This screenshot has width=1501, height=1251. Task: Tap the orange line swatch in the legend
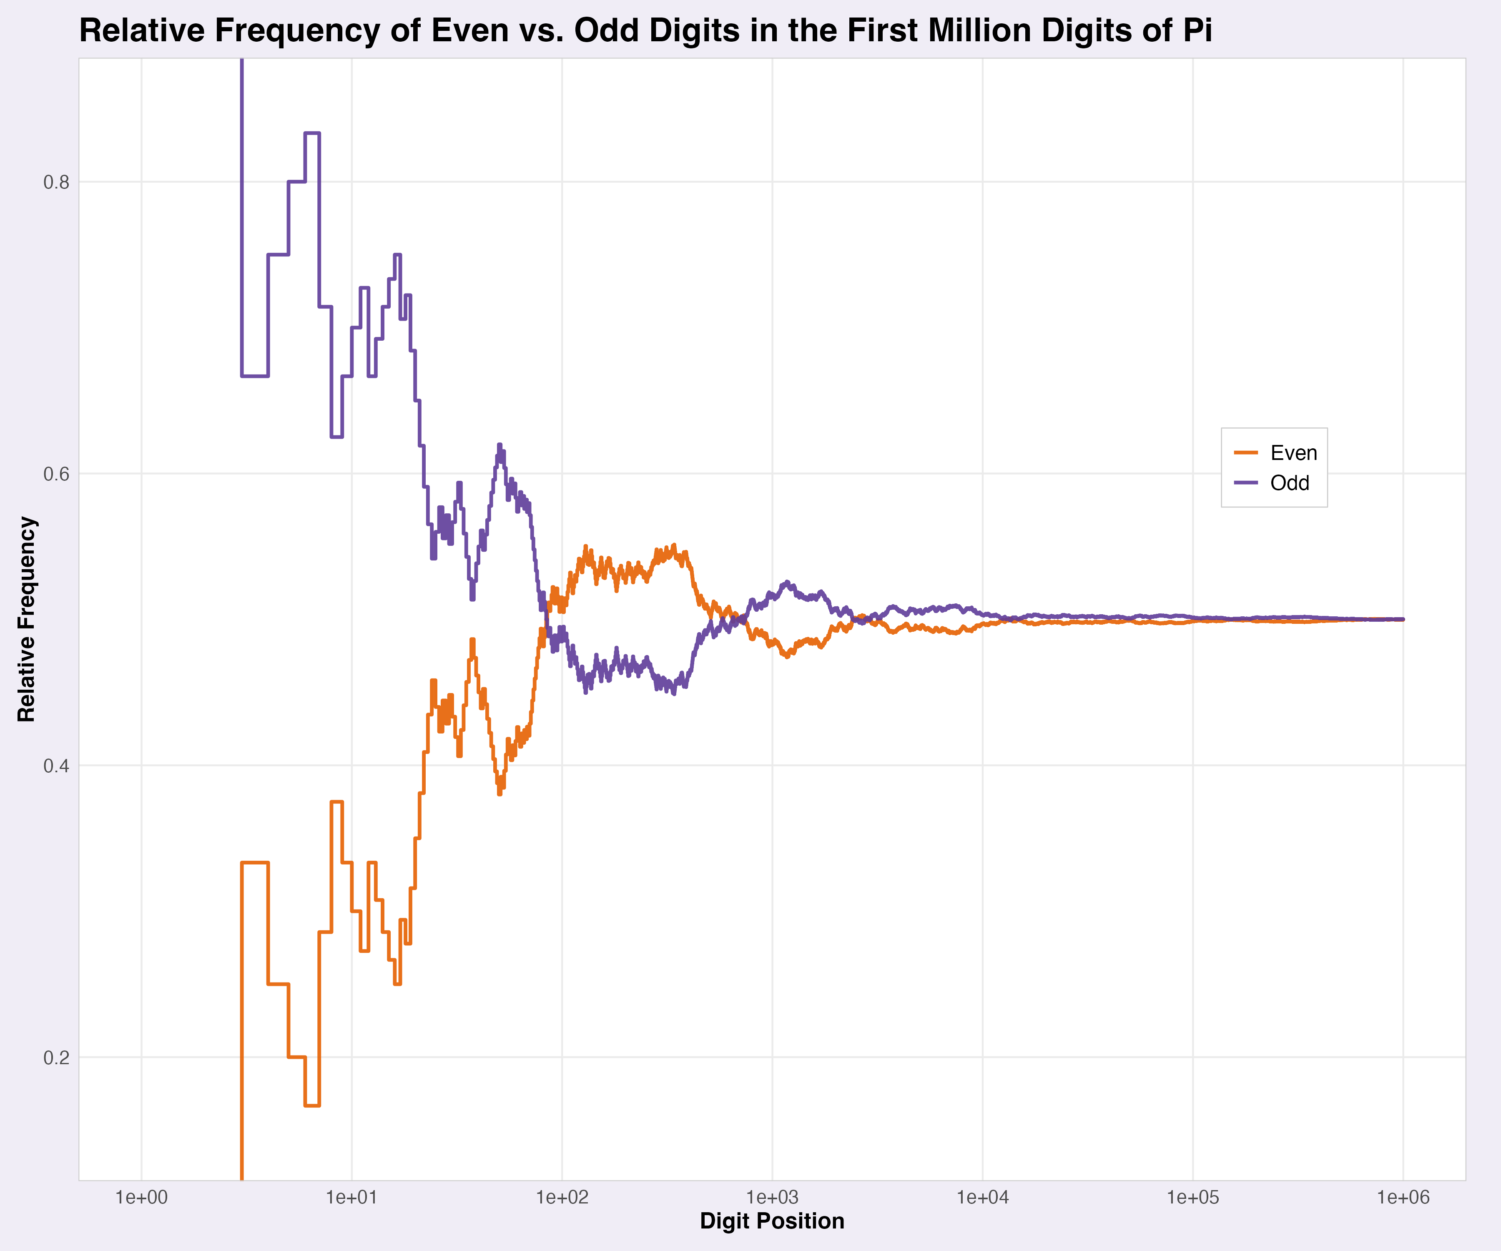tap(1246, 452)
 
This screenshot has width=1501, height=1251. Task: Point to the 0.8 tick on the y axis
tap(56, 182)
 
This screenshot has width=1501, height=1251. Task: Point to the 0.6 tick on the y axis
tap(56, 474)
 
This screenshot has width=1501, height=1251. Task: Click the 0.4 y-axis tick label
tap(56, 766)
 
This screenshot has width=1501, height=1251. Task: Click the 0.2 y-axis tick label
tap(56, 1057)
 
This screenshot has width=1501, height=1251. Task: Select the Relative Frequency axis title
tap(26, 619)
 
